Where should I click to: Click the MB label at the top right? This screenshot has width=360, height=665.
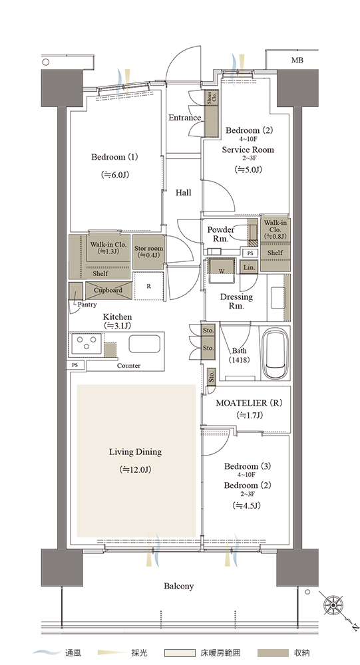click(x=297, y=61)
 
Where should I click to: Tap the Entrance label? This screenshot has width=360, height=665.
click(x=185, y=118)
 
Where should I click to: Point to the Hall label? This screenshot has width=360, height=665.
click(x=184, y=193)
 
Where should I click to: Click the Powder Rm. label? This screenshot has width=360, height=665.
click(x=221, y=234)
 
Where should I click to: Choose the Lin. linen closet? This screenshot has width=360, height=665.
click(x=249, y=267)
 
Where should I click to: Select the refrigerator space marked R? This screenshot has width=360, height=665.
click(x=148, y=286)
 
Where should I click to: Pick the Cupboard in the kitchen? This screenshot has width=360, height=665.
click(x=108, y=291)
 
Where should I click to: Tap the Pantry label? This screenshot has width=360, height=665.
click(x=87, y=305)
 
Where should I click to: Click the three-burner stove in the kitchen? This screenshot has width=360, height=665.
click(x=87, y=344)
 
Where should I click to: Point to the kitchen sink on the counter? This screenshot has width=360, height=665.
click(x=145, y=344)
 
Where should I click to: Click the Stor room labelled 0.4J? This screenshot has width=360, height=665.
click(x=148, y=252)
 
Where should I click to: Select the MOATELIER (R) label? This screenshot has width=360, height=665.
click(x=249, y=403)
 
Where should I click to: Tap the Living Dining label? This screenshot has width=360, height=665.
click(x=136, y=452)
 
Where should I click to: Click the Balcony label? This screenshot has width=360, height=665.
click(x=179, y=586)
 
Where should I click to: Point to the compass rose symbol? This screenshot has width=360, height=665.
click(x=333, y=604)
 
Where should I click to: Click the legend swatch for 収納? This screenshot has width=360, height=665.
click(x=271, y=653)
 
